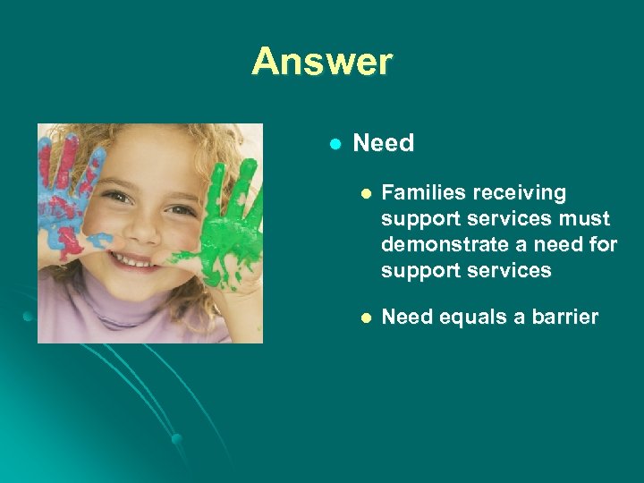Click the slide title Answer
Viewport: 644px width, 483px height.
tap(322, 62)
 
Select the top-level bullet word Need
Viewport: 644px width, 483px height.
tap(384, 143)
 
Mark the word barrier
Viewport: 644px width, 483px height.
tap(564, 317)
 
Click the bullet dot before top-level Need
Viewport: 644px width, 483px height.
tap(335, 144)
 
